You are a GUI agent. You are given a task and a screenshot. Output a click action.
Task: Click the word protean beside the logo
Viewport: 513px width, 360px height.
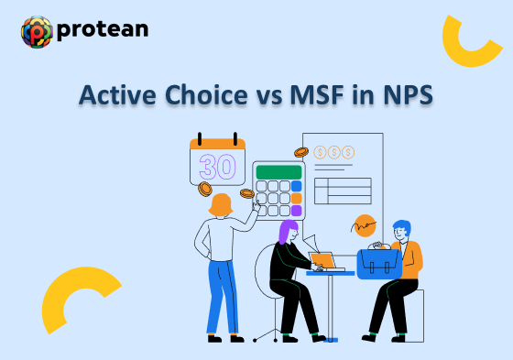[x=102, y=29]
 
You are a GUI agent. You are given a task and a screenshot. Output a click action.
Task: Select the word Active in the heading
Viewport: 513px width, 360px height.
[x=113, y=96]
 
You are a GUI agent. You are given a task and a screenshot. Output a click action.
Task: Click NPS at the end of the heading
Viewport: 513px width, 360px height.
[x=405, y=96]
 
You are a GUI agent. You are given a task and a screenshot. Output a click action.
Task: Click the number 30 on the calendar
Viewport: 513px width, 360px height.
[x=217, y=167]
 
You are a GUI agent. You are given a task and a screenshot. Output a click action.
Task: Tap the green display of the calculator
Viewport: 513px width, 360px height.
[x=278, y=171]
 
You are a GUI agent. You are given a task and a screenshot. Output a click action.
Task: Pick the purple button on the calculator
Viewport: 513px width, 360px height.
[x=296, y=210]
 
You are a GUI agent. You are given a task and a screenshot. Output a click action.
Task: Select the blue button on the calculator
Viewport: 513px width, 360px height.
[x=296, y=185]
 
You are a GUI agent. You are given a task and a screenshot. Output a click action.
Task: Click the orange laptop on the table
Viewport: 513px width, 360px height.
[x=323, y=261]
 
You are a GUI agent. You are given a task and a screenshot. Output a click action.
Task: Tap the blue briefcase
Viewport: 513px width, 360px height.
[x=378, y=263]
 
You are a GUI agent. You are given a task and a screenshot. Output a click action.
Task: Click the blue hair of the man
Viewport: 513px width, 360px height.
[x=401, y=227]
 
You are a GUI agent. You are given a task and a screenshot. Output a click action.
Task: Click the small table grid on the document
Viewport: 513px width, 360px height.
[x=342, y=190]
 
